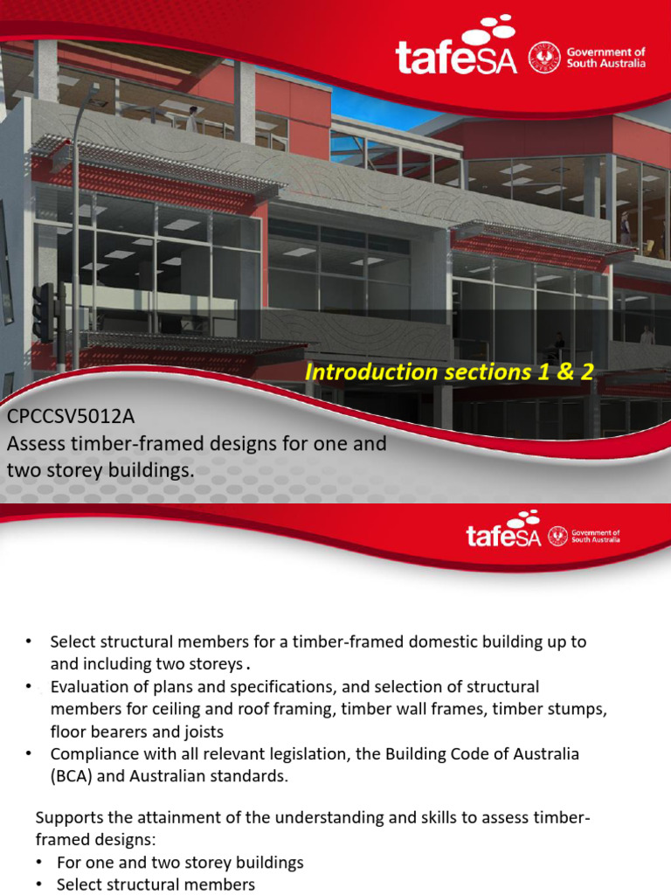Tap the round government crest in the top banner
[547, 59]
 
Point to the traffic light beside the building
[44, 311]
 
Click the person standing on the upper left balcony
[191, 118]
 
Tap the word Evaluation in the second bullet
[90, 686]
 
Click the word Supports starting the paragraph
[69, 818]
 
